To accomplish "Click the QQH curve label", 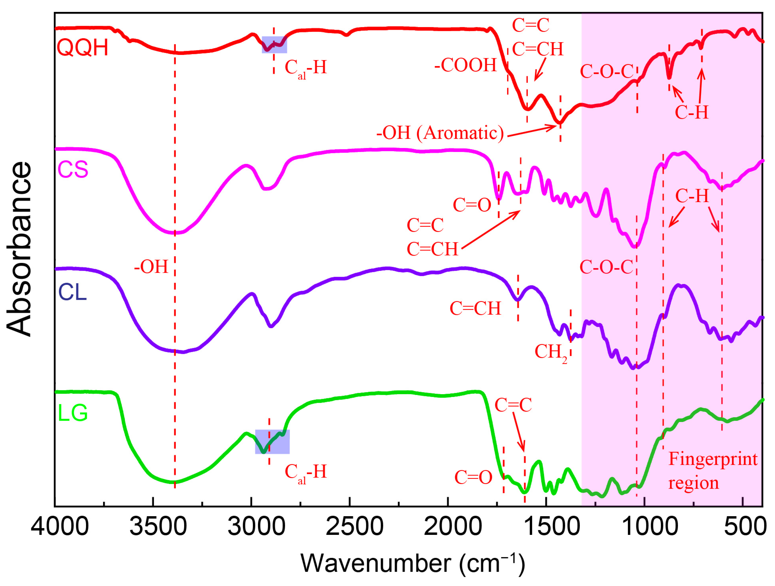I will [x=82, y=48].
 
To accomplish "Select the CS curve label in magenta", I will [x=73, y=170].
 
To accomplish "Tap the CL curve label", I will [x=72, y=292].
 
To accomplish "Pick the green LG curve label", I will [x=72, y=413].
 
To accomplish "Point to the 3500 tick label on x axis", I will [x=158, y=527].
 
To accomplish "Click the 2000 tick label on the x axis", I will [x=453, y=527].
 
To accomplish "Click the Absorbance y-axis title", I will [x=19, y=249].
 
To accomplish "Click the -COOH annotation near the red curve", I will [x=466, y=65].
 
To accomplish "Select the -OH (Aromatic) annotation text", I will [x=440, y=133].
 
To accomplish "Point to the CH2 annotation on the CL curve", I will [x=551, y=351].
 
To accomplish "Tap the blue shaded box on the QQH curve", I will [x=274, y=45].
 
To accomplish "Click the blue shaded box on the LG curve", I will [x=272, y=441].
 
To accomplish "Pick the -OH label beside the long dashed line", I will [x=151, y=267].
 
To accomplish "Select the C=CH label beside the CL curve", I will [x=475, y=308].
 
